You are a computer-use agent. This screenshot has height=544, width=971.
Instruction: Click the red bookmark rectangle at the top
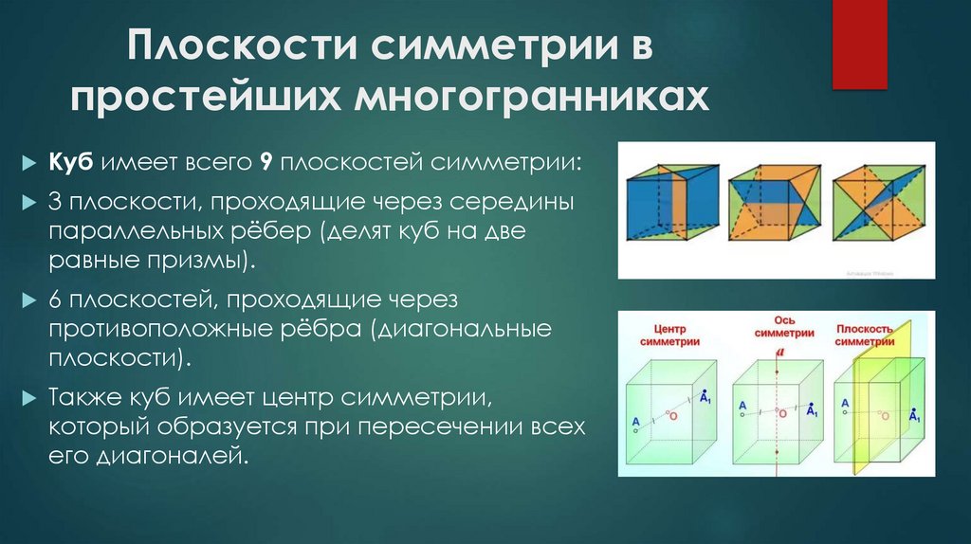click(x=859, y=43)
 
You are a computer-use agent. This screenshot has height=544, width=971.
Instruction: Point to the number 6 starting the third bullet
click(x=56, y=300)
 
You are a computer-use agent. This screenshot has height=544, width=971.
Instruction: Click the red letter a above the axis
click(x=780, y=353)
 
